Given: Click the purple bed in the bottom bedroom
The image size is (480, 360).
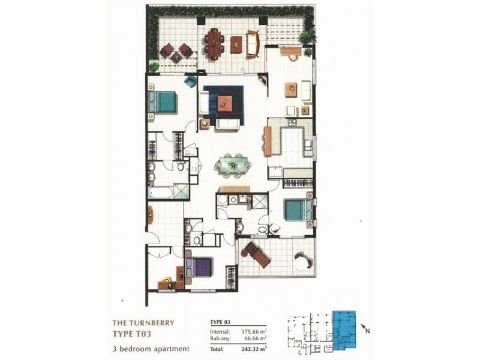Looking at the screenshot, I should point(199,266).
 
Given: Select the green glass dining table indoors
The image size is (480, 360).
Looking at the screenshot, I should point(232,164).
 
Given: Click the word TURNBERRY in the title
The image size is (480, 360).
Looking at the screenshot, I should point(149,322).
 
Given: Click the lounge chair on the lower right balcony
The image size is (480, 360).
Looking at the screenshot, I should point(256,254).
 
